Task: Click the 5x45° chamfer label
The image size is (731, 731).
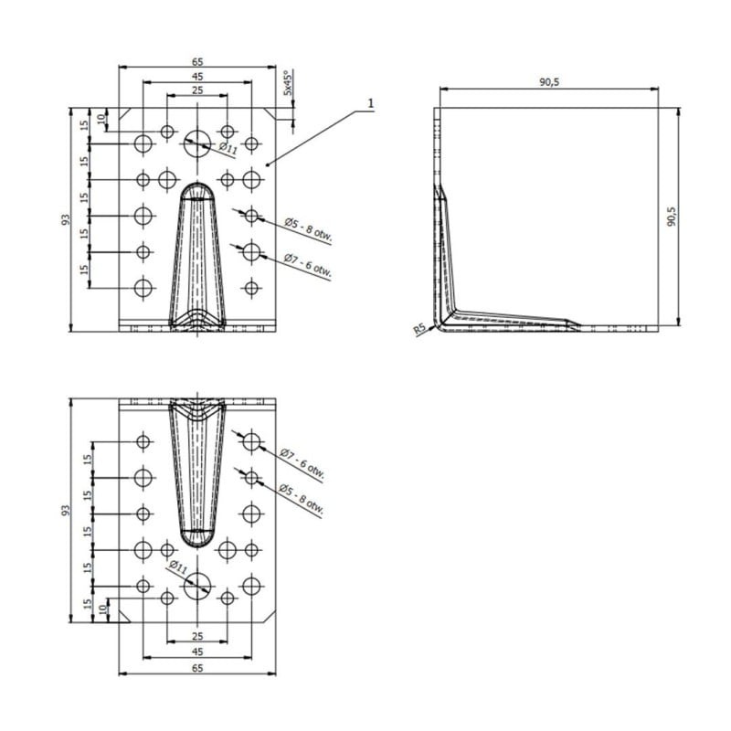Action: tap(289, 83)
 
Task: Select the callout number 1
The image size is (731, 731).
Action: tap(371, 103)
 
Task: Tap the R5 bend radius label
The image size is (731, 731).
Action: tap(419, 330)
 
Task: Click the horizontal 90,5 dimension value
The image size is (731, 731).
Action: tap(549, 82)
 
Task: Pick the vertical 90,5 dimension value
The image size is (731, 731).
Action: tap(672, 217)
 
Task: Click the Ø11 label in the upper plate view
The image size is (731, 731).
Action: tap(228, 149)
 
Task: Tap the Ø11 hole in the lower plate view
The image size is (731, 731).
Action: tap(197, 586)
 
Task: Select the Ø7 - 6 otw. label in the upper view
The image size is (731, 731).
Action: tap(308, 266)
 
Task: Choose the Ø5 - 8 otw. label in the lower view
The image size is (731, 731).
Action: tap(302, 500)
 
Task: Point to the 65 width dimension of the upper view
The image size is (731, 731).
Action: tap(197, 61)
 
